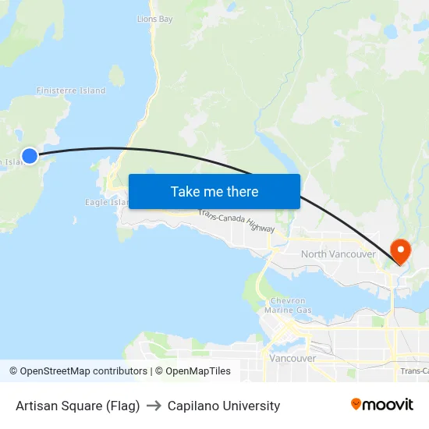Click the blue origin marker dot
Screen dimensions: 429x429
coord(30,156)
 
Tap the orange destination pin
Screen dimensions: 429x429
coord(400,250)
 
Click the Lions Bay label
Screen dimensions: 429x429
coord(154,19)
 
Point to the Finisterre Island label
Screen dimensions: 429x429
coord(71,90)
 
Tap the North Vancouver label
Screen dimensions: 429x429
coord(339,254)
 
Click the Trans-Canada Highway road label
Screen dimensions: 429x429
coord(236,222)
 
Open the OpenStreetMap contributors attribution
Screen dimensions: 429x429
coord(78,371)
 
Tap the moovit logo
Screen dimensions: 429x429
coord(381,404)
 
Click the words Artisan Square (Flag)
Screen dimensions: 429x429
coord(77,406)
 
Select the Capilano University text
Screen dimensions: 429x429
coord(224,406)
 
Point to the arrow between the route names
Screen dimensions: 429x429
coord(154,406)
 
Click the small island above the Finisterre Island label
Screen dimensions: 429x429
coord(117,76)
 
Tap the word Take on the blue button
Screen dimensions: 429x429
coord(186,192)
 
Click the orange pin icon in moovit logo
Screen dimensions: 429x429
coord(356,404)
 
